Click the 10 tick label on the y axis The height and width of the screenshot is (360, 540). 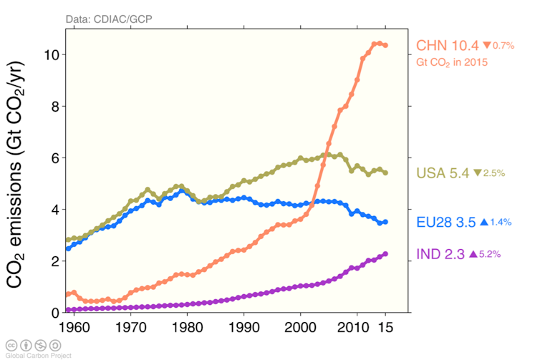click(x=51, y=55)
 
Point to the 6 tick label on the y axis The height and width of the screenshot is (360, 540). click(x=54, y=158)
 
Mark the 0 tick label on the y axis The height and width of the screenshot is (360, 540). click(x=54, y=313)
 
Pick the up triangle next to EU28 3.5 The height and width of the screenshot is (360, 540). click(x=483, y=223)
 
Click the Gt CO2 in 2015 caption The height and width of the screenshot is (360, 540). click(x=452, y=62)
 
